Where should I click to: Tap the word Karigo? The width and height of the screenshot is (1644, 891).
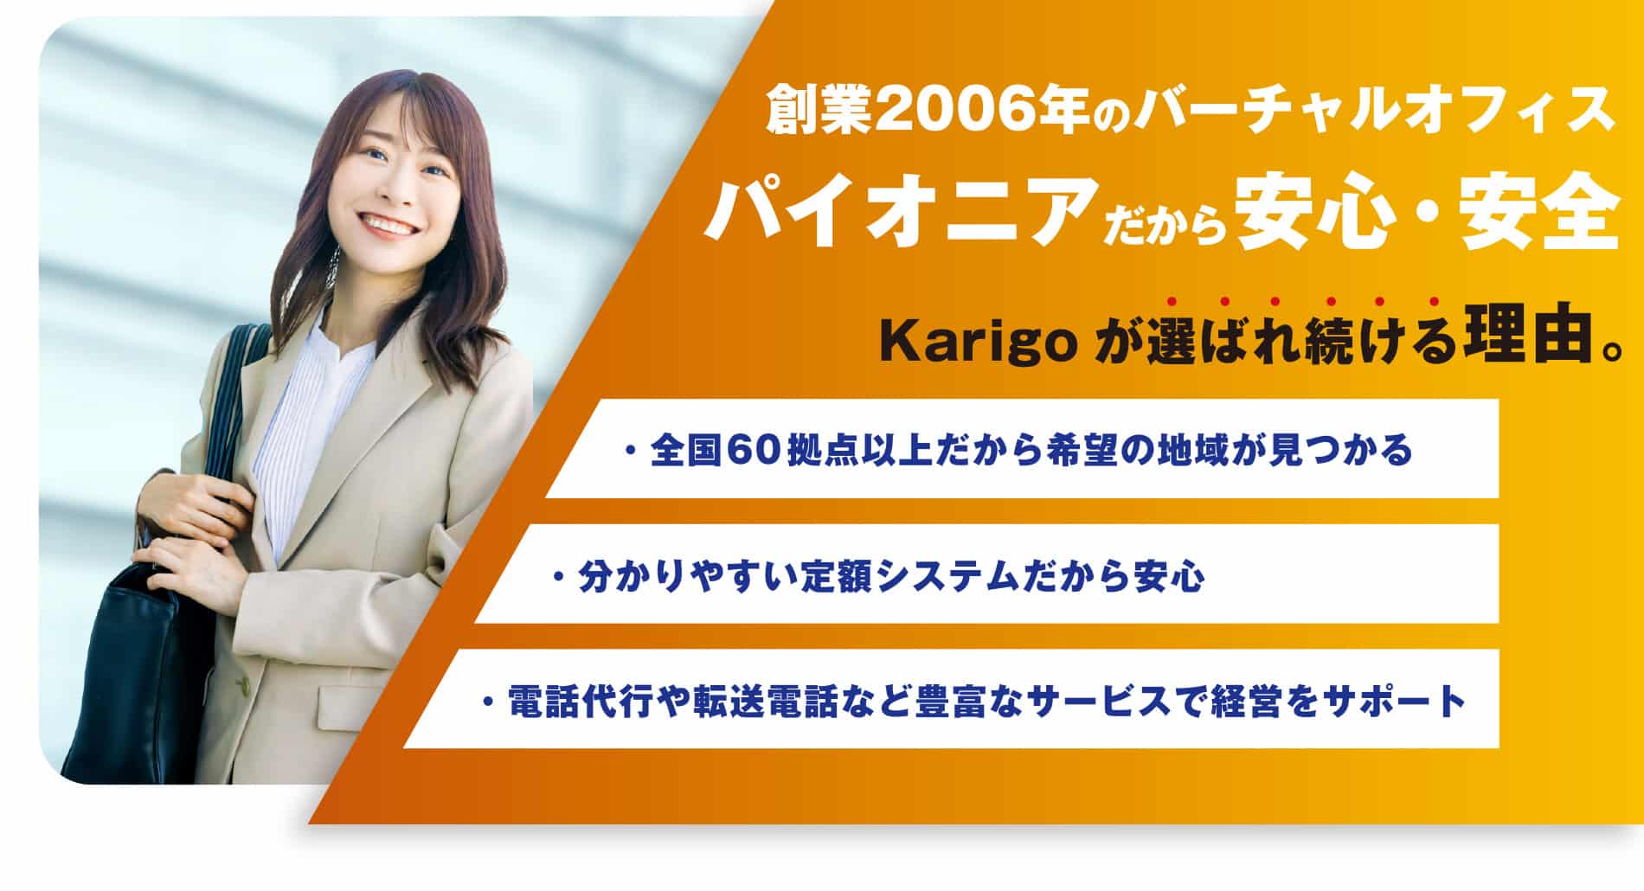pos(978,344)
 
